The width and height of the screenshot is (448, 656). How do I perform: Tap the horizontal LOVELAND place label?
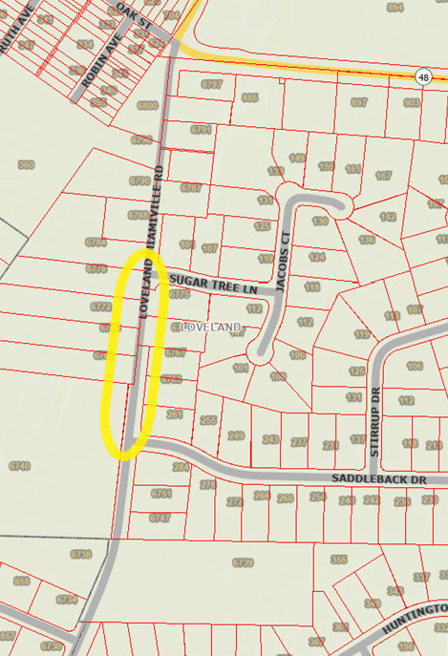210,328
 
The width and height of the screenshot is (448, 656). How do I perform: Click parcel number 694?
395,8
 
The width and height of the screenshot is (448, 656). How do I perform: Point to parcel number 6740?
19,466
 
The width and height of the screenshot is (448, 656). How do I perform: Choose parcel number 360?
26,165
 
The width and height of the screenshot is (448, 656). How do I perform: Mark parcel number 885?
251,97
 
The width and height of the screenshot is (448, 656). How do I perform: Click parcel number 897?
359,102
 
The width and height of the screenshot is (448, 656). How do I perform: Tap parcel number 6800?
148,105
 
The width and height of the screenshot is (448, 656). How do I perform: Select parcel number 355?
338,559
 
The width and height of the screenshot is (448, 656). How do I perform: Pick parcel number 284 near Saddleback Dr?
181,467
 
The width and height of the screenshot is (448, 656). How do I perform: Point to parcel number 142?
388,217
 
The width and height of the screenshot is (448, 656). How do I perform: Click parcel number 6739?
243,562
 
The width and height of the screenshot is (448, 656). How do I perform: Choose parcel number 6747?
160,517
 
